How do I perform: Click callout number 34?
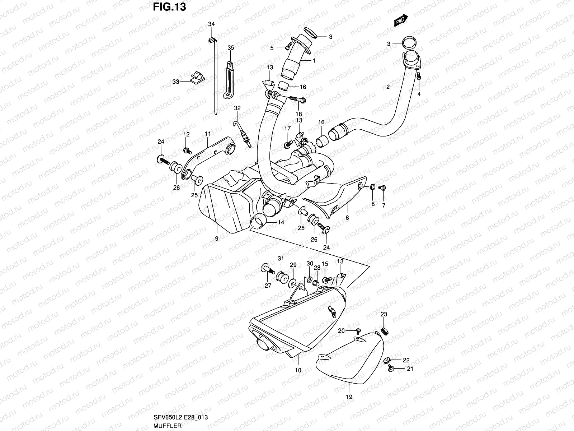click(211, 24)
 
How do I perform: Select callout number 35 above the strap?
click(231, 47)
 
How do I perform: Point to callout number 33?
click(175, 82)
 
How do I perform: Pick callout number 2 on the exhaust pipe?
click(388, 87)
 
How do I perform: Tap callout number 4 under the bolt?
click(419, 94)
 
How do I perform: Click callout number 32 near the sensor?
click(237, 108)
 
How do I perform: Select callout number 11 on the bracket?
click(208, 134)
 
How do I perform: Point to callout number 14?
click(281, 222)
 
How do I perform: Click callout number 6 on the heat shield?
click(347, 218)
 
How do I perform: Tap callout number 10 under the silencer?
click(298, 370)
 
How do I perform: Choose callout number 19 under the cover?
click(349, 397)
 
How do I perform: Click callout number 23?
click(384, 314)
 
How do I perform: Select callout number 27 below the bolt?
click(268, 286)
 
